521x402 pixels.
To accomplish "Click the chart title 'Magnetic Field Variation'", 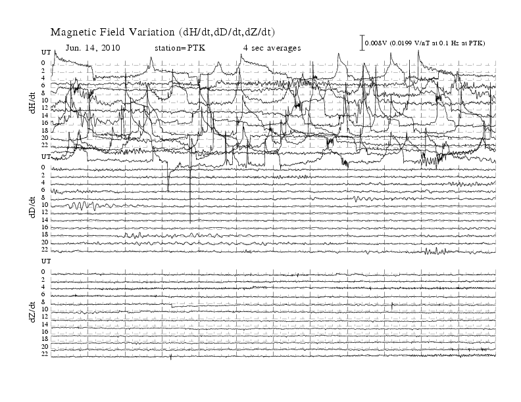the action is (x=112, y=32).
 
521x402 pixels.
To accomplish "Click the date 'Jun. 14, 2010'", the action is (x=93, y=48).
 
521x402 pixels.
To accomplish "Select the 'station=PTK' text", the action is (x=180, y=48).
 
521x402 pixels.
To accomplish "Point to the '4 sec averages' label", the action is (x=272, y=48).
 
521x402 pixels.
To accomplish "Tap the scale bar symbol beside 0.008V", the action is (x=362, y=43).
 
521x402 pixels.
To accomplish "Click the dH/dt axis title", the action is (x=32, y=103).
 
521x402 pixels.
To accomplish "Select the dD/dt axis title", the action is (x=32, y=207).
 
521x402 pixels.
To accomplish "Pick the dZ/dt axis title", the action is (x=32, y=312).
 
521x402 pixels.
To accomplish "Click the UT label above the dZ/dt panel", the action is (x=46, y=261).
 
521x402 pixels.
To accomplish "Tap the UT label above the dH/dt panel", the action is (x=46, y=53).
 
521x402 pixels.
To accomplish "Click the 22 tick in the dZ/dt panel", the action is (x=45, y=354).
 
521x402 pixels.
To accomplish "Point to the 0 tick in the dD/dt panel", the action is (x=43, y=167).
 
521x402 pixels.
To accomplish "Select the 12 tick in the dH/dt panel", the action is (x=45, y=108).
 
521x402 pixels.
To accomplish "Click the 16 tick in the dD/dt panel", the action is (x=45, y=227).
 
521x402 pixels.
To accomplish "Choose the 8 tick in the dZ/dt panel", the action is (x=43, y=302).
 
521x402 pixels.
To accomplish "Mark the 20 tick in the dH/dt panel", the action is (x=45, y=138).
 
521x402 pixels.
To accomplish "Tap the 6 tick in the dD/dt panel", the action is (x=43, y=190).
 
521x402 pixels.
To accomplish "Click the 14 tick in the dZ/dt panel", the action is (x=45, y=324).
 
